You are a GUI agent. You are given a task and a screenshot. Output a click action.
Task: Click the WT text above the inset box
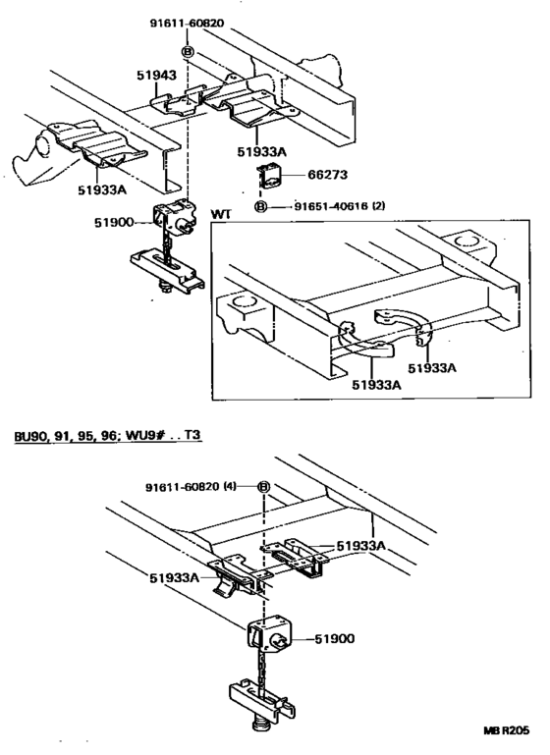click(222, 213)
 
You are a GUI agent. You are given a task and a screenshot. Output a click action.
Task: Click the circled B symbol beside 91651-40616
click(261, 207)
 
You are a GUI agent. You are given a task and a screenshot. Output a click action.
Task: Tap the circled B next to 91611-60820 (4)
click(264, 487)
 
